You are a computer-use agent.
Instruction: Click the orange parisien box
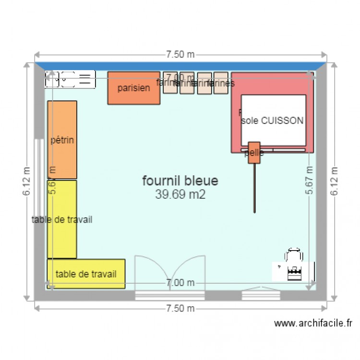coord(133,88)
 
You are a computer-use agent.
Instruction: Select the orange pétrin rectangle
coord(62,140)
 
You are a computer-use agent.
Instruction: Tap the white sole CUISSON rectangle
coord(273,120)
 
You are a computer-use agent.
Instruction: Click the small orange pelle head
coord(254,153)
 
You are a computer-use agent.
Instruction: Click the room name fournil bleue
coord(180,181)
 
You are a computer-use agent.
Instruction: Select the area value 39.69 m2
coord(180,194)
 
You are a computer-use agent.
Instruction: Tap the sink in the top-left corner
coord(70,79)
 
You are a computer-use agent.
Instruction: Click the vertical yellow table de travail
coord(62,219)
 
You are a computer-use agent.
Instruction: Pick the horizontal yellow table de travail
coord(86,274)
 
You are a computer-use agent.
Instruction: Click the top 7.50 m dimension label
coord(180,55)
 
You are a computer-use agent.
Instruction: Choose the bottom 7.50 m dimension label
coord(180,308)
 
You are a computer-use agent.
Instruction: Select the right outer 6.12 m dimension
coord(334,181)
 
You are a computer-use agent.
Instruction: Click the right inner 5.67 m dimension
coord(310,181)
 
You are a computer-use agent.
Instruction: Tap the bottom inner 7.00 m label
coord(180,283)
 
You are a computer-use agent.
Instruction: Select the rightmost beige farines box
coord(221,83)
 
